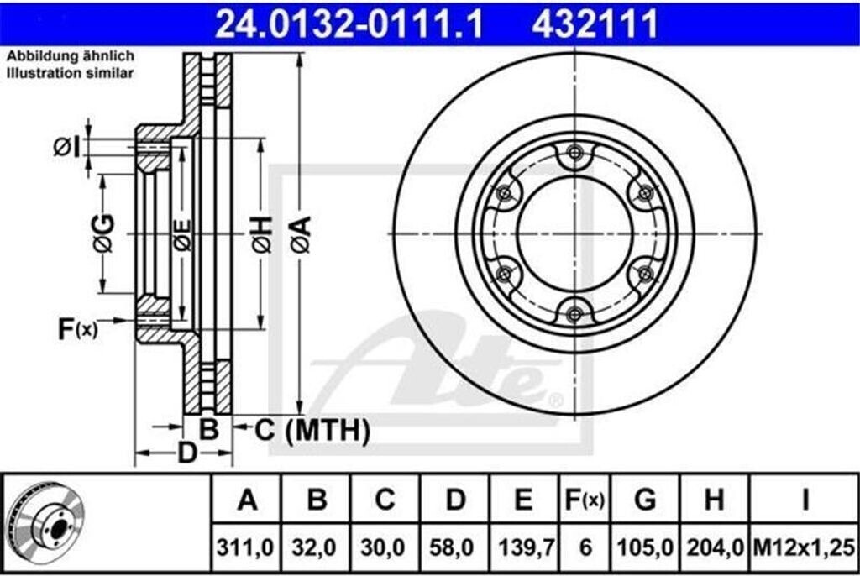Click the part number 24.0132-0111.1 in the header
coord(349,24)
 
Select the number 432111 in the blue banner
coord(594,24)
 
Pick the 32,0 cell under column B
coord(314,547)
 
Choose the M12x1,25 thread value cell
coord(804,547)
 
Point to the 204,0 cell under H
coord(715,547)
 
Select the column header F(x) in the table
coord(585,500)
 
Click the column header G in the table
coord(645,500)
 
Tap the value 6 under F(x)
coord(585,547)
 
